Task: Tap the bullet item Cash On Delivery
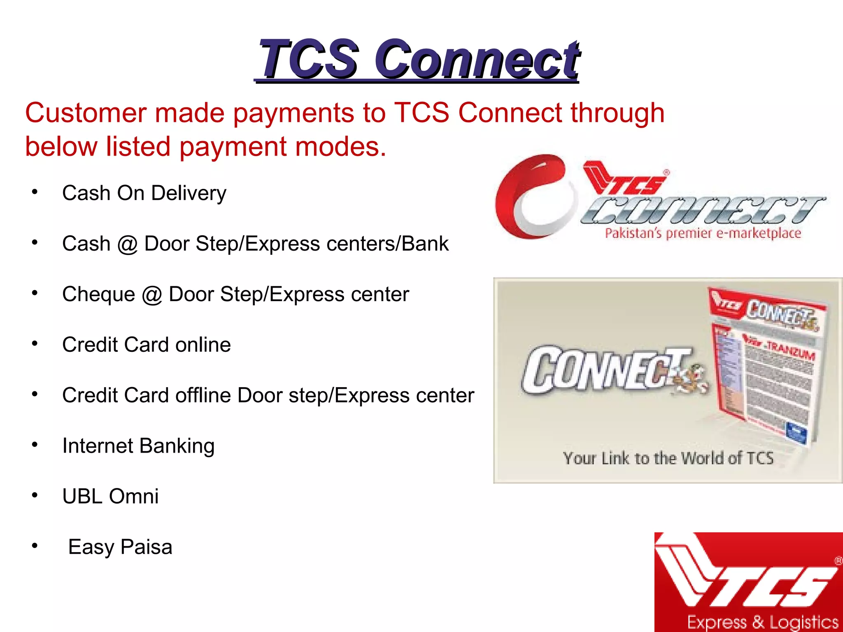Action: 144,193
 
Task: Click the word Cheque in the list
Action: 98,295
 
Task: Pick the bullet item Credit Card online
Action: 146,345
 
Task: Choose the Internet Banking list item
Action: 138,446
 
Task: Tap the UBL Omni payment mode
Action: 110,496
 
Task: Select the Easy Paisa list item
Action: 120,547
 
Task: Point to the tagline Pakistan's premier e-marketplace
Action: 703,234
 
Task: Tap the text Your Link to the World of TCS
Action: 668,458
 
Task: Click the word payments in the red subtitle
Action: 293,113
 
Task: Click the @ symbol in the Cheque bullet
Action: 152,295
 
